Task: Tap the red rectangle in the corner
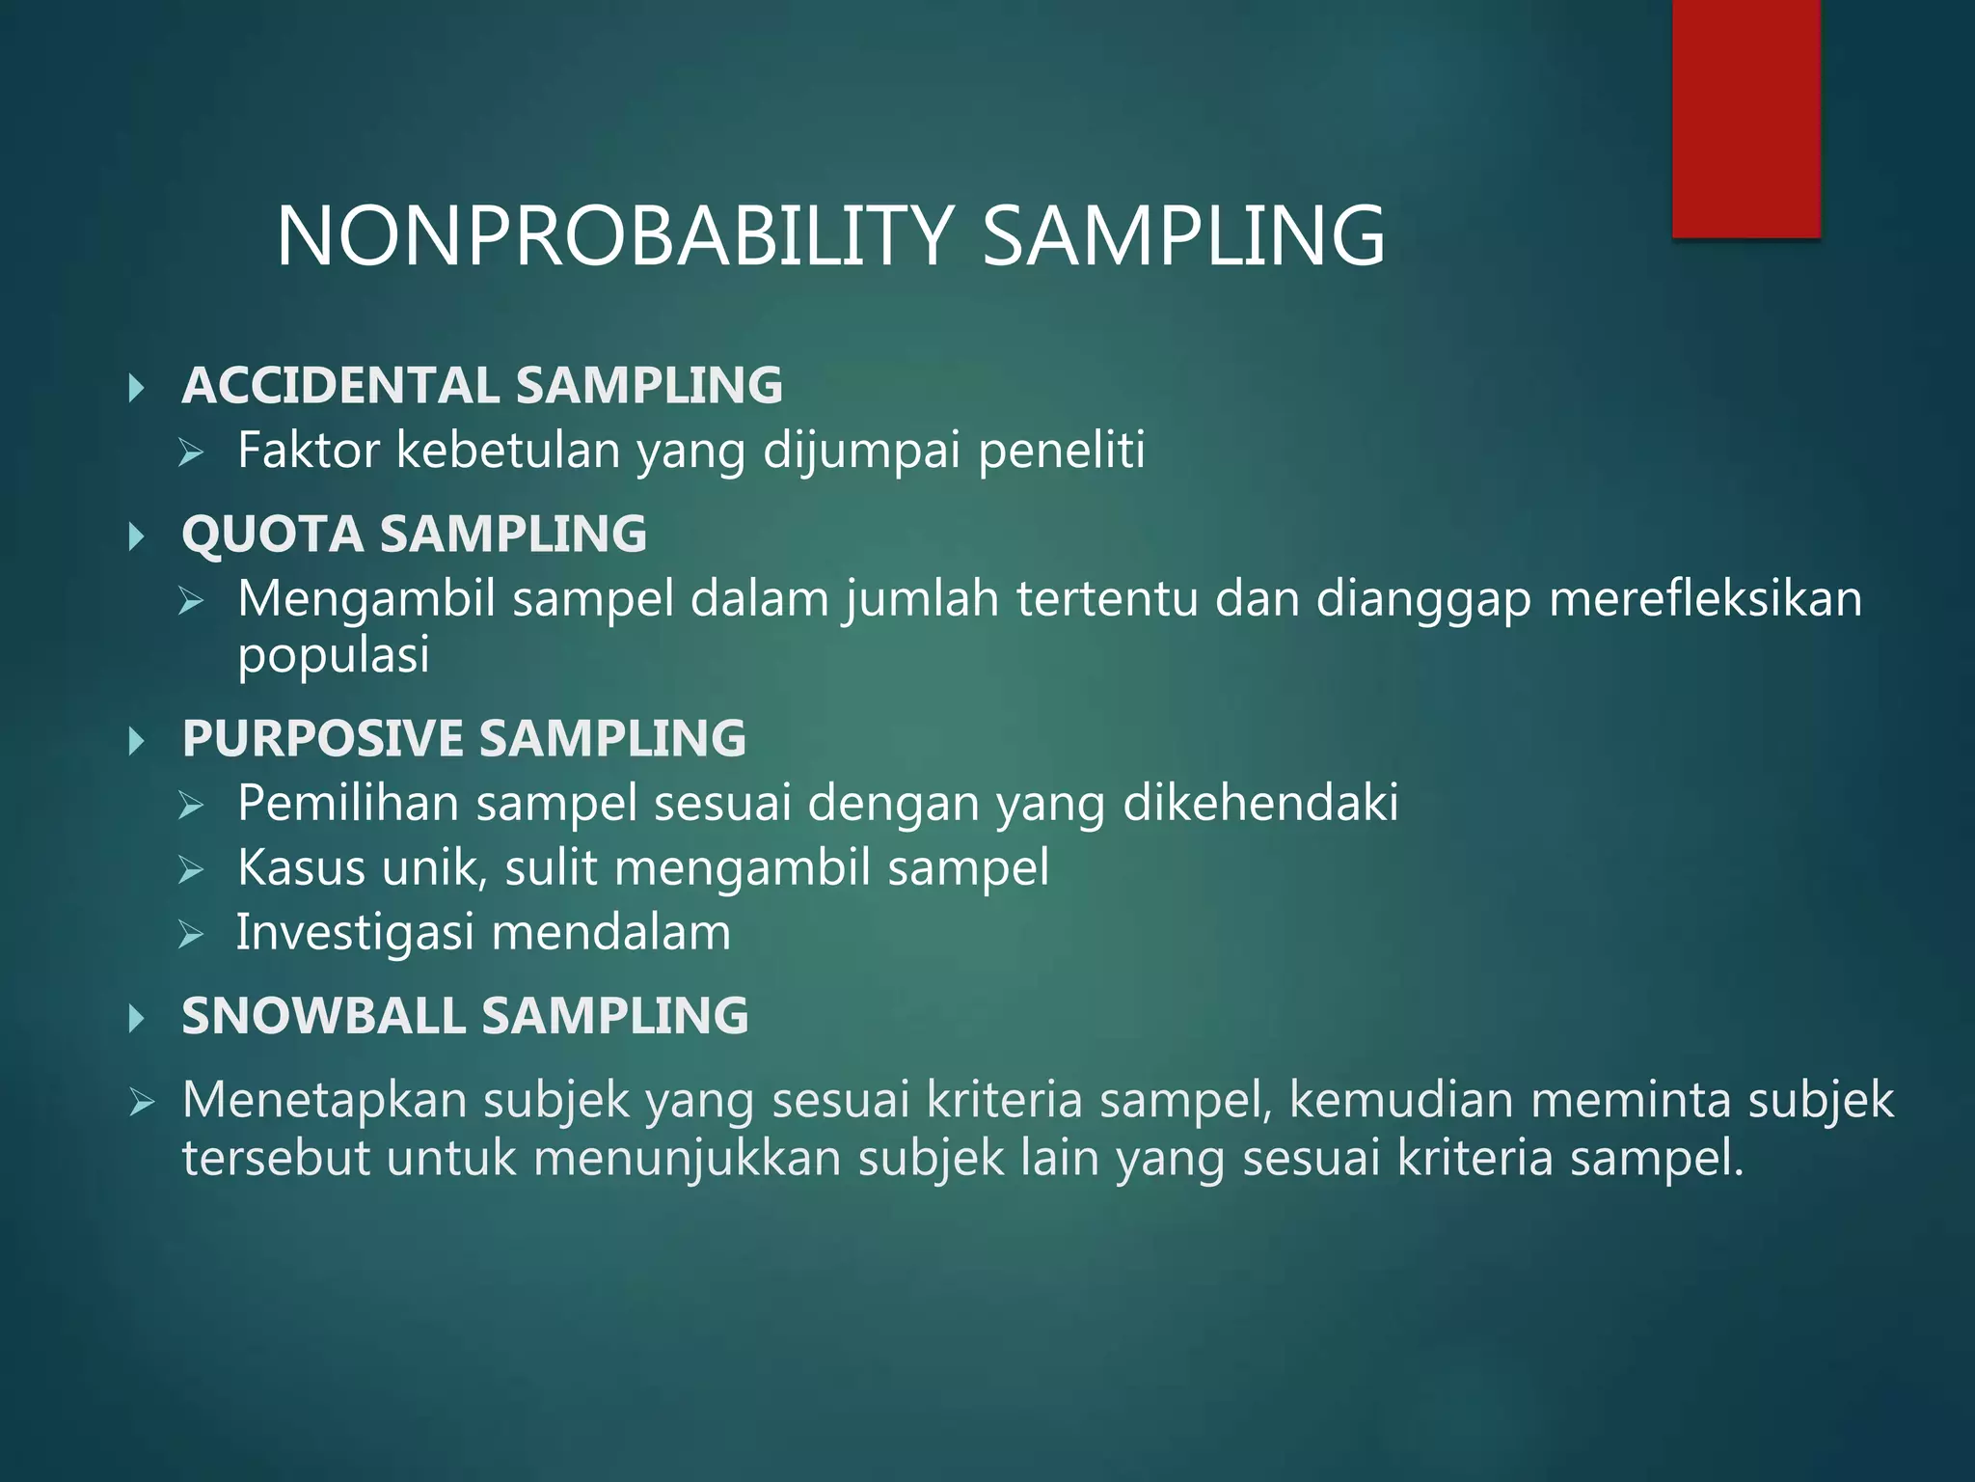[x=1745, y=118]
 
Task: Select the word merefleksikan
[x=1705, y=598]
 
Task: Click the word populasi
[x=334, y=656]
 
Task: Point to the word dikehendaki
[x=1260, y=803]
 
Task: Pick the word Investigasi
[x=356, y=933]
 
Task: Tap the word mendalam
[x=611, y=933]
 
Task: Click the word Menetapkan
[x=325, y=1100]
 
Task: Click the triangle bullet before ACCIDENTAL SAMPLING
[x=137, y=388]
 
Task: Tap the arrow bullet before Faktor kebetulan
[x=191, y=452]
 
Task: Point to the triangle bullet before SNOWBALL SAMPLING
[x=137, y=1018]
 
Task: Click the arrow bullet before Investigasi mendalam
[x=191, y=934]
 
